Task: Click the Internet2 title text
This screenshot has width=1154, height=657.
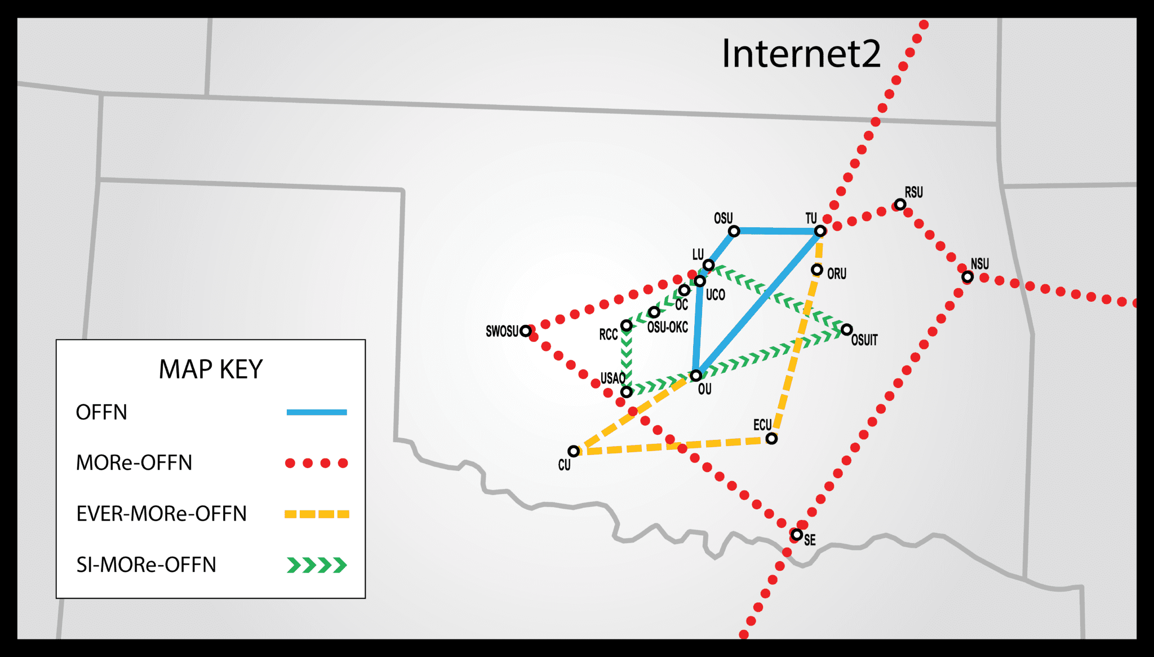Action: pyautogui.click(x=801, y=54)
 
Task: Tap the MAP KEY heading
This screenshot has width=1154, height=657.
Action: pyautogui.click(x=211, y=369)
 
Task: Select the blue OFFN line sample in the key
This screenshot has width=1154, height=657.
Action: pyautogui.click(x=317, y=412)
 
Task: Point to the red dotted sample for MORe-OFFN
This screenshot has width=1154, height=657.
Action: pyautogui.click(x=317, y=463)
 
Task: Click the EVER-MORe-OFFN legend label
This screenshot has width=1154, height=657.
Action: pyautogui.click(x=162, y=514)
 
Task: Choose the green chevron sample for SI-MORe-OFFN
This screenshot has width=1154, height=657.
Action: pyautogui.click(x=317, y=565)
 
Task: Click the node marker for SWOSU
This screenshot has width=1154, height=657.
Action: pyautogui.click(x=526, y=331)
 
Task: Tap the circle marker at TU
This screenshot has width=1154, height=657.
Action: pyautogui.click(x=820, y=231)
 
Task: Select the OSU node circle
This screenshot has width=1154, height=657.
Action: pyautogui.click(x=734, y=231)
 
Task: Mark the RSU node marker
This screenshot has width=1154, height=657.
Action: pyautogui.click(x=900, y=204)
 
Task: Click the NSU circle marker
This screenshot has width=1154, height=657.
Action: pyautogui.click(x=967, y=277)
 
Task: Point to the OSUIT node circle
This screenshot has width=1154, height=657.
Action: pyautogui.click(x=846, y=329)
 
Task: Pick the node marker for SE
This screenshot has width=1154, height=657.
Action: pyautogui.click(x=797, y=534)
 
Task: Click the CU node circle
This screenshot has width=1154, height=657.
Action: pyautogui.click(x=574, y=451)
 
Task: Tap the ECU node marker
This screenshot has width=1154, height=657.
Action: pyautogui.click(x=771, y=438)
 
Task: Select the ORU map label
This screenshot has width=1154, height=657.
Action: pyautogui.click(x=837, y=274)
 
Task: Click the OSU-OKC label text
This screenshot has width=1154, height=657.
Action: pyautogui.click(x=668, y=327)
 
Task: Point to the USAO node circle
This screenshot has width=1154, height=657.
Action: pyautogui.click(x=626, y=392)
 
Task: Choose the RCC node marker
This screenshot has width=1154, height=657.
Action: pyautogui.click(x=626, y=325)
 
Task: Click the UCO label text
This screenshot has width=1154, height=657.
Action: pyautogui.click(x=716, y=294)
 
